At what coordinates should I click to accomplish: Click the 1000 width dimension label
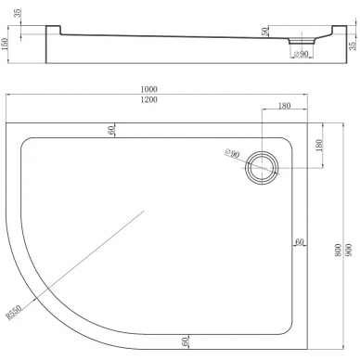coord(149,89)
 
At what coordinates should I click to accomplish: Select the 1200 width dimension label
coord(149,99)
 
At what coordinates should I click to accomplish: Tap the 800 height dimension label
coord(338,250)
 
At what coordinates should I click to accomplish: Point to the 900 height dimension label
coord(349,250)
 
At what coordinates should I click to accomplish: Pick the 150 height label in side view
coord(5,45)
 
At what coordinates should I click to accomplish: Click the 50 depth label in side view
coord(264,32)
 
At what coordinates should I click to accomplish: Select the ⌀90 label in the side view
coord(301,54)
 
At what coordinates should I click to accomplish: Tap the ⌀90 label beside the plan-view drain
coord(232,153)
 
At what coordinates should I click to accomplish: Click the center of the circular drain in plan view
coord(262,168)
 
